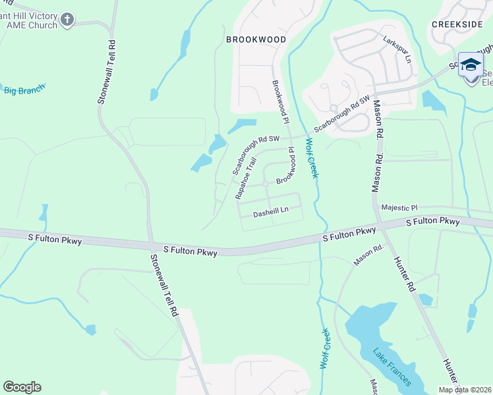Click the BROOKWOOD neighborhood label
[256, 39]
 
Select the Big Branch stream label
[24, 89]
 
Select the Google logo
[22, 387]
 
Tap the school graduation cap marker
[471, 65]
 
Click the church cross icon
[67, 20]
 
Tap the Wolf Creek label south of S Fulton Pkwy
[325, 348]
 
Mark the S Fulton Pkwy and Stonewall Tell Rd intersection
[151, 245]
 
